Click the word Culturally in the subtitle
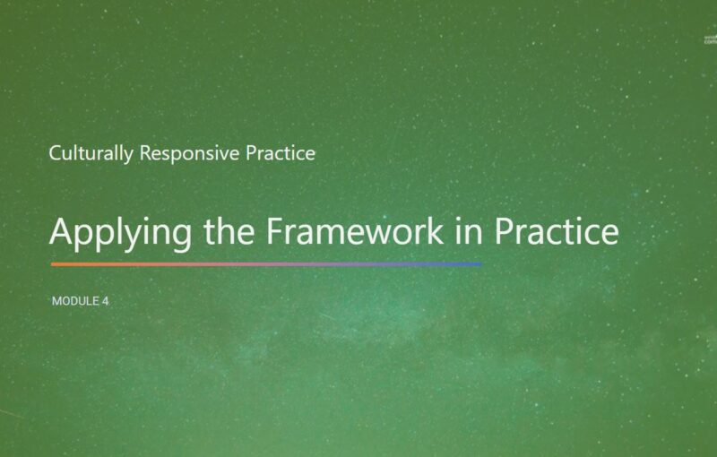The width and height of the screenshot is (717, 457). click(91, 153)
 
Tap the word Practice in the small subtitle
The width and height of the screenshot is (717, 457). click(281, 153)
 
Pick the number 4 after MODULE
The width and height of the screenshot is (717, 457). click(105, 301)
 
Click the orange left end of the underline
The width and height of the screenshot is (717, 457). click(56, 264)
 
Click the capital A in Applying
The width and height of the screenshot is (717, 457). click(62, 231)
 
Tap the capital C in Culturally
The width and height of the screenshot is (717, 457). click(56, 153)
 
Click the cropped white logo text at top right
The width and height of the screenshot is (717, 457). click(709, 39)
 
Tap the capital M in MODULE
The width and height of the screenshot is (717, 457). click(57, 301)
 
